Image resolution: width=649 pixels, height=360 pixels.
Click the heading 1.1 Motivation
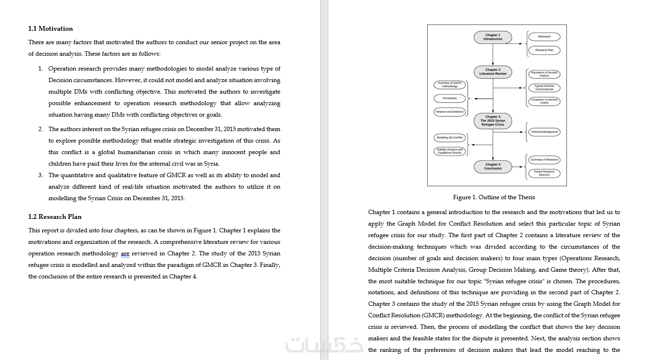point(50,29)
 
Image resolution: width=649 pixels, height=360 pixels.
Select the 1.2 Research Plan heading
point(55,216)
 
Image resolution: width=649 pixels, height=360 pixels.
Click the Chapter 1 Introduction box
point(493,37)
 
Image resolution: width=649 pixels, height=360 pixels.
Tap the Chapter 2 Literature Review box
point(493,72)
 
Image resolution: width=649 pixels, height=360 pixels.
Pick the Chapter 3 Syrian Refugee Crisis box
point(493,120)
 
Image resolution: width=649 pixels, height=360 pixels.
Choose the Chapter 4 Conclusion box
point(493,167)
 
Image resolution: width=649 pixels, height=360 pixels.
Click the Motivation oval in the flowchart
point(544,36)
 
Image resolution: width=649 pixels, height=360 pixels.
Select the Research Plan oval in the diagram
point(544,50)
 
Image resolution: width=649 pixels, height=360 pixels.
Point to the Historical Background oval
point(544,132)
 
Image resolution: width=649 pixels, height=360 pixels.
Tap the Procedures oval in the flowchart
point(450,98)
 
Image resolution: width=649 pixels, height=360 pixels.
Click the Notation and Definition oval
point(450,111)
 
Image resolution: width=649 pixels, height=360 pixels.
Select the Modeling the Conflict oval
point(450,138)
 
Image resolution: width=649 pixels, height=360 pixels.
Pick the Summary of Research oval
point(544,159)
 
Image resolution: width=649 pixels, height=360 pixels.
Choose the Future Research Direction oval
point(544,173)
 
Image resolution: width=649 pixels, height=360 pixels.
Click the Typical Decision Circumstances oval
point(544,88)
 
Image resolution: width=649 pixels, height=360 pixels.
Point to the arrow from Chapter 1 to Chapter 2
point(493,55)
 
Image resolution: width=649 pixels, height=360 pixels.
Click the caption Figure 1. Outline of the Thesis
point(493,197)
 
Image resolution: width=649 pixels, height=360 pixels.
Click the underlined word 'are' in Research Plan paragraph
point(125,253)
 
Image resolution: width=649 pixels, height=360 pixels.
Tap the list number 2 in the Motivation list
point(40,129)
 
